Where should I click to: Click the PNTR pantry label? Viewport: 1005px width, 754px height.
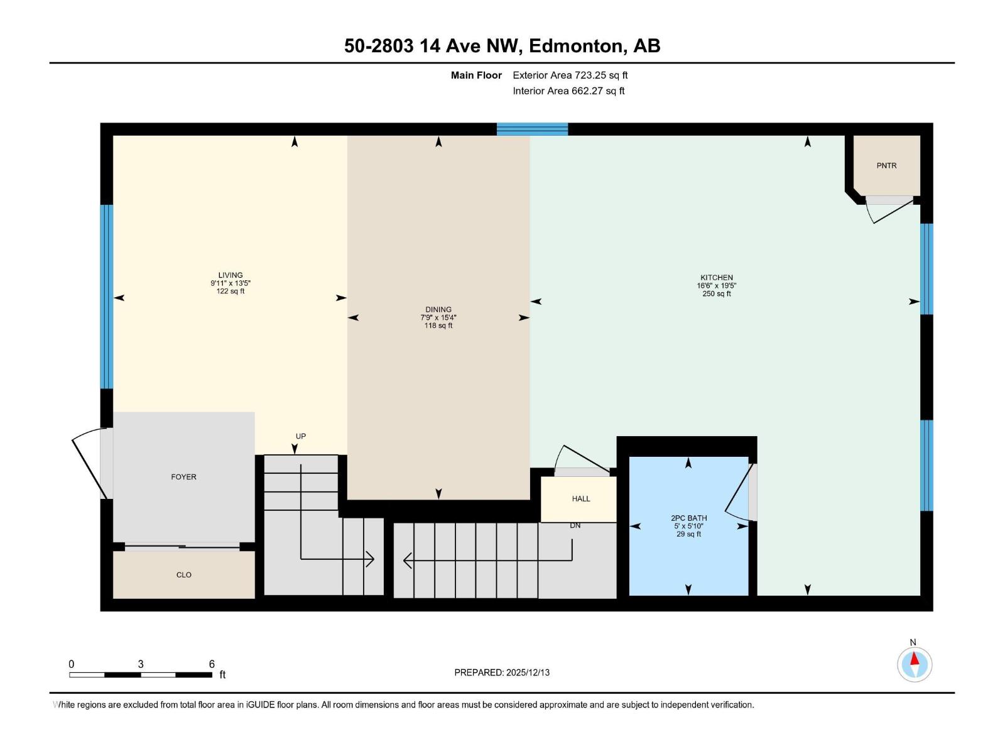(x=886, y=166)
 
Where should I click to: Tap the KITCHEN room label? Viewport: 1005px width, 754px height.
(x=717, y=277)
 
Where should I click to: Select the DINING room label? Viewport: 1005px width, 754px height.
(x=438, y=309)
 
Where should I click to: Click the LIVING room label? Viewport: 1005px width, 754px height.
(x=231, y=275)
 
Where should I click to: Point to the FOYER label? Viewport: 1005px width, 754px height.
(x=183, y=477)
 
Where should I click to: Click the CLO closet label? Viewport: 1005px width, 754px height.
(x=183, y=575)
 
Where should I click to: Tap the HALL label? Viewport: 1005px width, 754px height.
(x=581, y=499)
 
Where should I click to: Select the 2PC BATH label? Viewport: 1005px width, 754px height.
(x=688, y=518)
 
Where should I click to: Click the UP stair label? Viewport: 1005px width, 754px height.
(x=301, y=436)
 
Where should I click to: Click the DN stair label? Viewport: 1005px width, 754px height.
(x=575, y=525)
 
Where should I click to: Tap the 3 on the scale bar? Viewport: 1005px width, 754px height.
(x=141, y=664)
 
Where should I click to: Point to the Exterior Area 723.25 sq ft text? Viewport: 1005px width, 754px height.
(x=570, y=75)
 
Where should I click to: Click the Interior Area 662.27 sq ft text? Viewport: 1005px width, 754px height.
(x=568, y=91)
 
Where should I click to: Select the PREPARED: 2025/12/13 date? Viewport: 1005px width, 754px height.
(x=502, y=672)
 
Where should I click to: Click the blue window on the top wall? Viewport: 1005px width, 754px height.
(x=532, y=129)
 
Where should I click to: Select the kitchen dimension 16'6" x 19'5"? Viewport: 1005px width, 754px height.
(x=717, y=285)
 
